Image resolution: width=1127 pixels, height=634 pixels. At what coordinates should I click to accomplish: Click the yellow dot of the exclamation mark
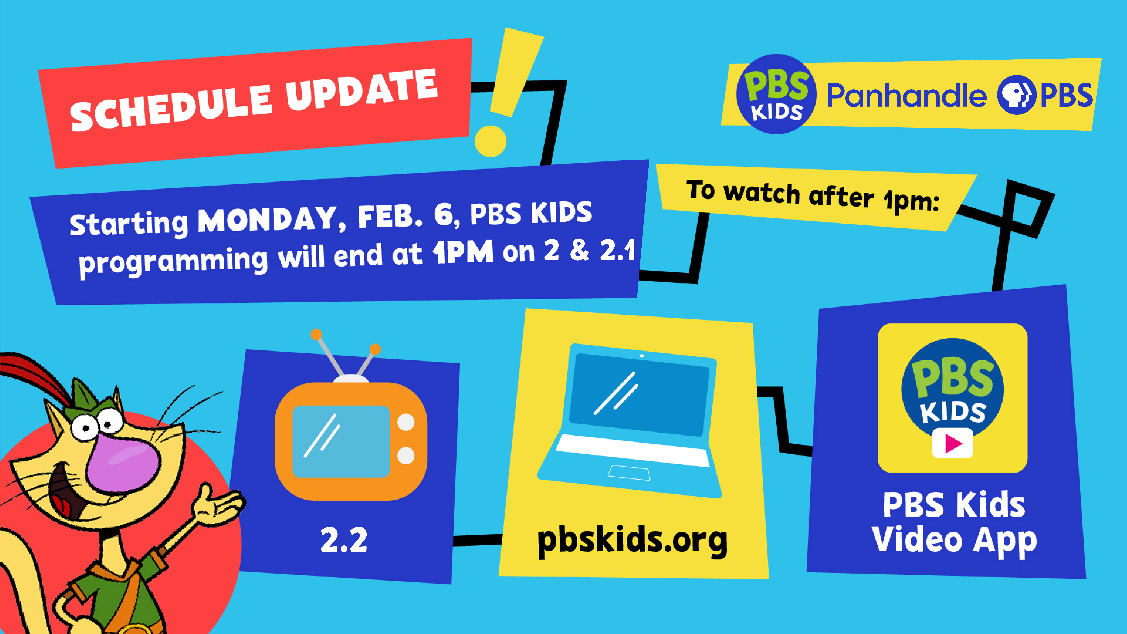coord(491,141)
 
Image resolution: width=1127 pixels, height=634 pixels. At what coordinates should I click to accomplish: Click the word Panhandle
coord(907,95)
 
